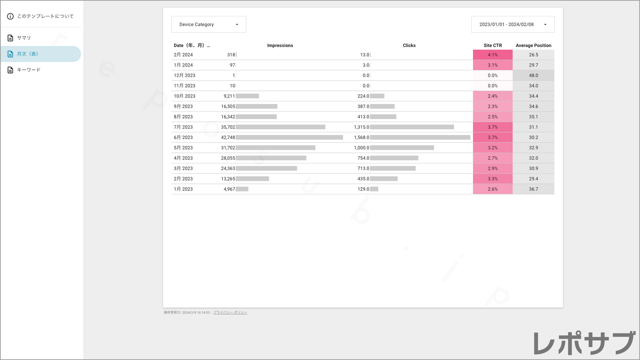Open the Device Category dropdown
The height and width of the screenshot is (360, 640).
(209, 24)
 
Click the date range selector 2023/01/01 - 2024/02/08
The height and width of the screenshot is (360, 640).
(512, 24)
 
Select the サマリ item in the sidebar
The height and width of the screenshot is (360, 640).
(24, 38)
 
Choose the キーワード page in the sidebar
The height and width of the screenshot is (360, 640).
(28, 70)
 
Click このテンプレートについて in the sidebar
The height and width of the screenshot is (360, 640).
(45, 16)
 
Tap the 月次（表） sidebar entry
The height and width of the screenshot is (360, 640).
(27, 54)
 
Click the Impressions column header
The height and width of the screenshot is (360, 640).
(280, 46)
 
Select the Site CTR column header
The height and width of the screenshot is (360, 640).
(493, 46)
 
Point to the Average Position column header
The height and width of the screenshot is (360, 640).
(533, 46)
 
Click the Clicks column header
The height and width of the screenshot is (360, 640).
(409, 46)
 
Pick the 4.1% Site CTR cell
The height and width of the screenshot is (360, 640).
(493, 55)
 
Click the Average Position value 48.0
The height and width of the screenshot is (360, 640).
(533, 76)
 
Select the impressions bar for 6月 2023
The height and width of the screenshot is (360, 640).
(289, 138)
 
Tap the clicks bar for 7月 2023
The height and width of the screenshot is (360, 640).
(412, 127)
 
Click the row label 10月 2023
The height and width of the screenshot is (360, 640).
(185, 96)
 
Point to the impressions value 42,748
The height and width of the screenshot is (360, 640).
(228, 138)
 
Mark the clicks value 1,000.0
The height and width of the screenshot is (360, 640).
(361, 148)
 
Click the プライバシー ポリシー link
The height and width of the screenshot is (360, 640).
(230, 313)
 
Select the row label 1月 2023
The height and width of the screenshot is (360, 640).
(183, 189)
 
